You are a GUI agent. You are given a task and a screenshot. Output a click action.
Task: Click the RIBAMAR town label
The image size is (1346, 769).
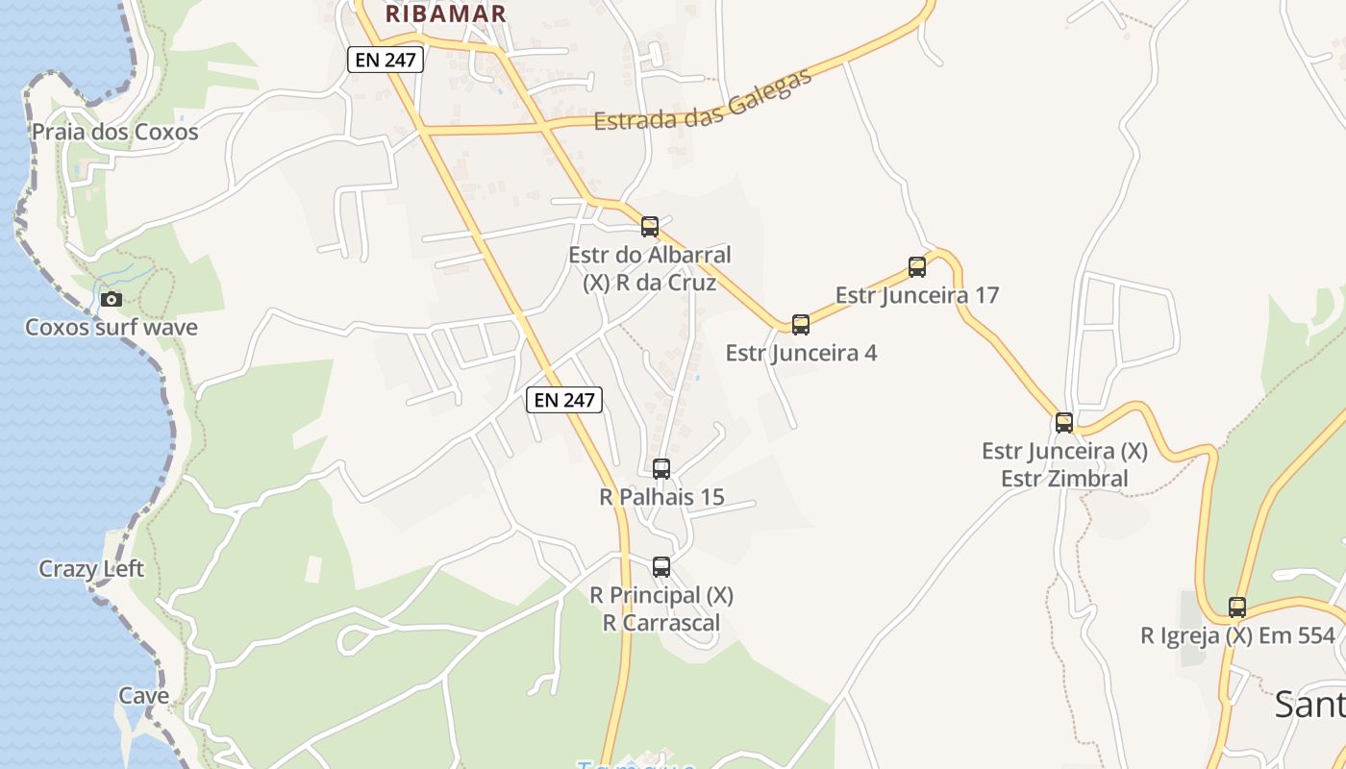click(x=445, y=13)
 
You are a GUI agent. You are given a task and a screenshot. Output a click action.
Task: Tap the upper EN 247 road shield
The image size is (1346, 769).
click(x=385, y=60)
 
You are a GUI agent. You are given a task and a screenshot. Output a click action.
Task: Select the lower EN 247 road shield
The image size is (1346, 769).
click(x=564, y=400)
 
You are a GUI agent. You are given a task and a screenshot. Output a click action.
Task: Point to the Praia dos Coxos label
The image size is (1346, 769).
click(x=115, y=132)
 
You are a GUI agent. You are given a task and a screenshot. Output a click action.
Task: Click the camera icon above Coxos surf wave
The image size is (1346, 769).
click(x=112, y=299)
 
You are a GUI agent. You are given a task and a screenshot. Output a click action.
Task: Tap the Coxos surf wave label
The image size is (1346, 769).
click(x=112, y=327)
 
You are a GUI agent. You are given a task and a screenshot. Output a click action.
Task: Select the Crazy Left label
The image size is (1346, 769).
click(x=91, y=569)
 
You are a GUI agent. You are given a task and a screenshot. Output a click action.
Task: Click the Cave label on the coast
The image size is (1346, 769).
click(x=144, y=695)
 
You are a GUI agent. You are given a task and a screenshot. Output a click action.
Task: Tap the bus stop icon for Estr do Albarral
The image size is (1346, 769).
click(x=650, y=227)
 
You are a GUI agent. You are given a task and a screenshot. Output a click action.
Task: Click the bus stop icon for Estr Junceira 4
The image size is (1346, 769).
click(x=801, y=325)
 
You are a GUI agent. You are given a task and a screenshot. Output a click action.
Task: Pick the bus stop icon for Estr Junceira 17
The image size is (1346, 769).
click(x=917, y=267)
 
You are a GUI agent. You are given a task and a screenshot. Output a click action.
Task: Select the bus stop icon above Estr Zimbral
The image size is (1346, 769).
click(x=1064, y=422)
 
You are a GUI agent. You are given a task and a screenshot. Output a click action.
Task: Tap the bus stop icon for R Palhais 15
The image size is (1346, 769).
click(x=661, y=469)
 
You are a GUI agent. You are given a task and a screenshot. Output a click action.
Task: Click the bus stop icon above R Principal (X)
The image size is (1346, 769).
click(x=661, y=567)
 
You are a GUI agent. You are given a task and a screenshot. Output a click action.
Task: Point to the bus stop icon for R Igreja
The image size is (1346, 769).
click(x=1237, y=608)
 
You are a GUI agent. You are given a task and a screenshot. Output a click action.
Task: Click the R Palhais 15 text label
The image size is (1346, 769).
click(x=661, y=497)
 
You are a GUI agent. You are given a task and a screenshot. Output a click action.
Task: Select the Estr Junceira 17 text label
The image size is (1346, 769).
click(x=917, y=295)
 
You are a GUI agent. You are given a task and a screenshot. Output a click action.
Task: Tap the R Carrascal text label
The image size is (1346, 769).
click(x=661, y=622)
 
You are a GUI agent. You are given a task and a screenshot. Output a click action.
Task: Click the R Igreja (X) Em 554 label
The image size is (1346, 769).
click(x=1237, y=635)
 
